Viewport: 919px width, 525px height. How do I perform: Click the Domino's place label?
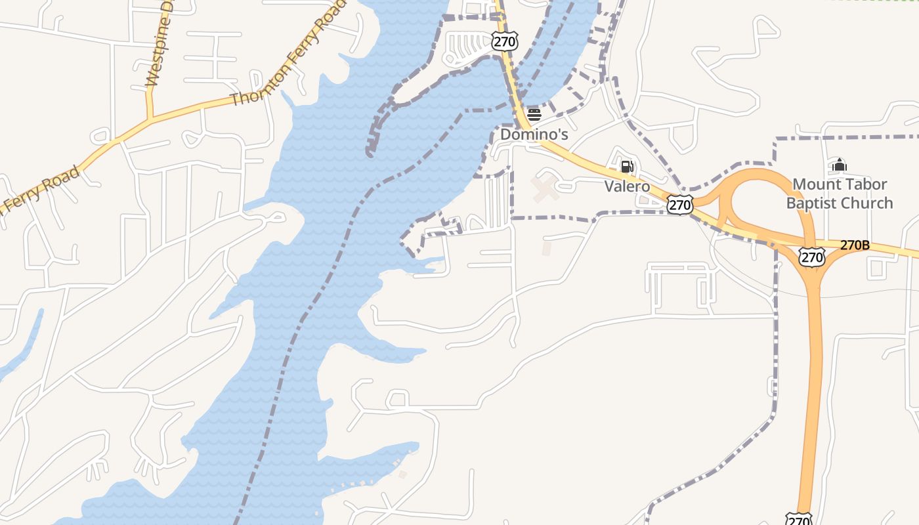534,135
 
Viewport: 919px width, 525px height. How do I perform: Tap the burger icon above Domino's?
534,115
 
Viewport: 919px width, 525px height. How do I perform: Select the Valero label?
627,186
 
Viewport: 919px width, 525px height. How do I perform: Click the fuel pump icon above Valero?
627,167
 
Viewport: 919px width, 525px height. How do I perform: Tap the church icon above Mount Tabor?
839,165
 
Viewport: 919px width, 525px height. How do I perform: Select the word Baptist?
811,203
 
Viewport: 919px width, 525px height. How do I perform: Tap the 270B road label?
855,245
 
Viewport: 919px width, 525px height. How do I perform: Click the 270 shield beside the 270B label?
812,257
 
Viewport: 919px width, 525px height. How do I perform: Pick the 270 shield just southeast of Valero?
679,205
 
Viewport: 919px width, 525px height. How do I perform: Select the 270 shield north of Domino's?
504,42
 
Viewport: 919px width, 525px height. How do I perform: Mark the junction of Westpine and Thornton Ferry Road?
150,119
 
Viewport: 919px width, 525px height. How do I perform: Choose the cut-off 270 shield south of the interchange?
798,519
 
